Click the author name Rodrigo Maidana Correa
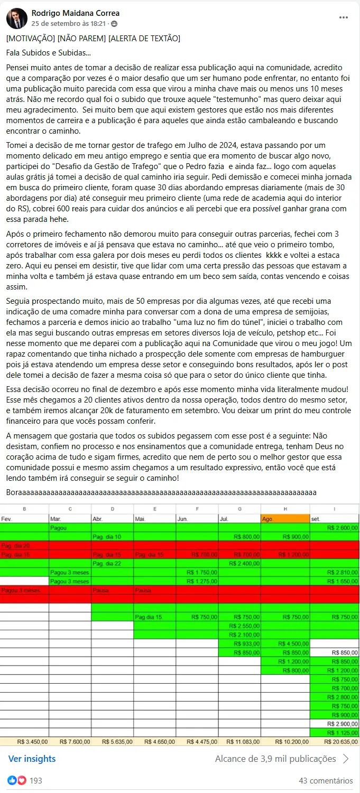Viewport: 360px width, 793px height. point(76,13)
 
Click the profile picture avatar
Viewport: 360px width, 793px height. point(16,18)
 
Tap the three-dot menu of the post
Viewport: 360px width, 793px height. point(344,17)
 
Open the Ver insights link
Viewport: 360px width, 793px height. point(32,759)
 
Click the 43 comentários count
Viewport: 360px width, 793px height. point(326,780)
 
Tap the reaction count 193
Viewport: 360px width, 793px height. point(36,780)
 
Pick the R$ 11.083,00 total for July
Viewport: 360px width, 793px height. point(243,741)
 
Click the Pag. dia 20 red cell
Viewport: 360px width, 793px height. point(16,545)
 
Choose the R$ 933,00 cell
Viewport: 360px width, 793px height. point(246,643)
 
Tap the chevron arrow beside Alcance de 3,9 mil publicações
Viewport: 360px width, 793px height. point(346,759)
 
